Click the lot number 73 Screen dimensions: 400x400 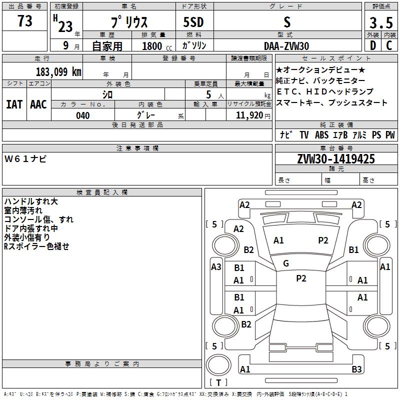(x=25, y=20)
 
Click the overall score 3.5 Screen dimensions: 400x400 (x=381, y=22)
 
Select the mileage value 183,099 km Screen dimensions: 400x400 (x=58, y=72)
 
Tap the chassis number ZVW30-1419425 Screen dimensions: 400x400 (x=336, y=159)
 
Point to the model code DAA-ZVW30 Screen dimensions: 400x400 (x=286, y=46)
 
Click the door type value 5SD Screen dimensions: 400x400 (x=193, y=22)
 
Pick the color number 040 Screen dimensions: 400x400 (x=83, y=115)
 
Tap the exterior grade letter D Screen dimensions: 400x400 (x=373, y=45)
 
